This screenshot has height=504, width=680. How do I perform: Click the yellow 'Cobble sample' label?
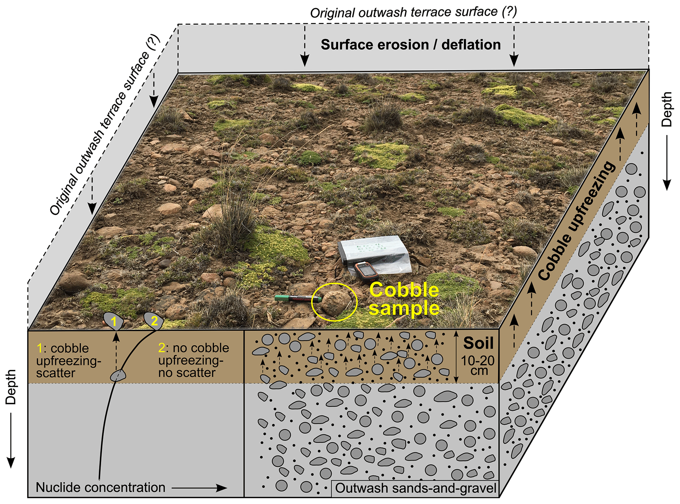pyautogui.click(x=404, y=299)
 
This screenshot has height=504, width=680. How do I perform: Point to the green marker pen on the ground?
pyautogui.click(x=298, y=299)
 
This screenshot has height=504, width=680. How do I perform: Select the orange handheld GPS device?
pyautogui.click(x=366, y=272)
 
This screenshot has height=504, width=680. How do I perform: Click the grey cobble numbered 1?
pyautogui.click(x=114, y=321)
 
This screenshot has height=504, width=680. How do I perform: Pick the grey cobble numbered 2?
pyautogui.click(x=154, y=320)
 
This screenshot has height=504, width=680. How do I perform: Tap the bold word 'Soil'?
pyautogui.click(x=478, y=343)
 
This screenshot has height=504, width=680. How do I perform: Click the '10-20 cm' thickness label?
pyautogui.click(x=478, y=365)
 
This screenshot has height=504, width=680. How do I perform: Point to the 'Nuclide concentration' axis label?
pyautogui.click(x=100, y=488)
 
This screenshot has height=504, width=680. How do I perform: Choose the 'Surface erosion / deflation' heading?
pyautogui.click(x=411, y=45)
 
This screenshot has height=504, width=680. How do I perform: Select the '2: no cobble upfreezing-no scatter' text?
pyautogui.click(x=193, y=360)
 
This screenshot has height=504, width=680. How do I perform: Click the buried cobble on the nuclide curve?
pyautogui.click(x=118, y=375)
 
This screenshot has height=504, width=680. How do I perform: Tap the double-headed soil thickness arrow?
pyautogui.click(x=456, y=357)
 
